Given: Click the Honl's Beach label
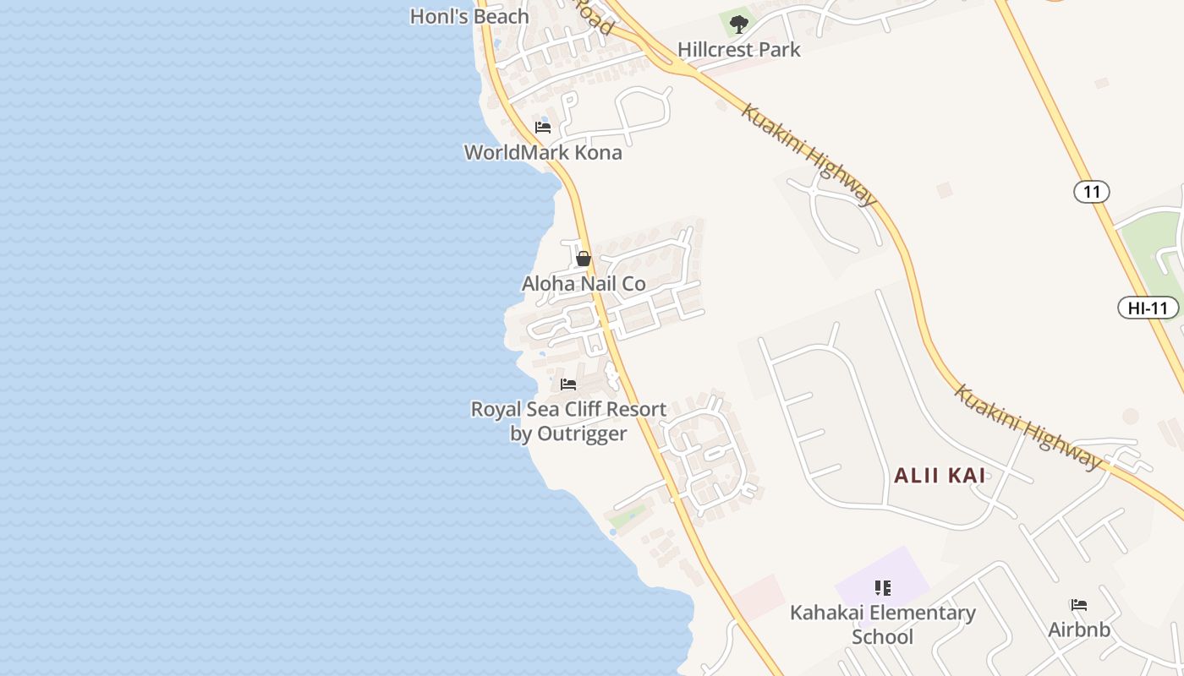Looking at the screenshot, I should click(x=469, y=16).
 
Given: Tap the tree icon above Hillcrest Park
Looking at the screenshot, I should click(x=738, y=24).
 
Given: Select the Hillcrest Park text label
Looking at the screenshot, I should click(x=738, y=50).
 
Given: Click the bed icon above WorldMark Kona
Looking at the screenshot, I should click(x=543, y=128).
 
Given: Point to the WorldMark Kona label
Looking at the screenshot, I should click(x=543, y=153).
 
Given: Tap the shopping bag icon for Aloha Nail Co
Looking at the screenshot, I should click(x=583, y=259).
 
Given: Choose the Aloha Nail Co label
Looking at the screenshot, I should click(x=584, y=284).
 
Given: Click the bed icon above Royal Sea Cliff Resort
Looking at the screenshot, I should click(x=568, y=384).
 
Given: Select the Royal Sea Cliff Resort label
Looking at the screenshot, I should click(x=568, y=410).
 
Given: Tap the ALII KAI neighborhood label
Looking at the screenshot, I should click(x=940, y=476).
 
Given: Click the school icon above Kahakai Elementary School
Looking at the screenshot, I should click(x=882, y=588).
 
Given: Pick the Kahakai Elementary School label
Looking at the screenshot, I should click(x=882, y=624).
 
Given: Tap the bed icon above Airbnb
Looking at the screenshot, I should click(x=1078, y=605).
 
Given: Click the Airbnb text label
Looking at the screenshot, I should click(x=1078, y=630).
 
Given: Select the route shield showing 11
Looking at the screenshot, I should click(x=1091, y=192).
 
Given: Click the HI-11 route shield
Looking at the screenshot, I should click(x=1148, y=308).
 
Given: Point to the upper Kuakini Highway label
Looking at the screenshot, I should click(x=809, y=155).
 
